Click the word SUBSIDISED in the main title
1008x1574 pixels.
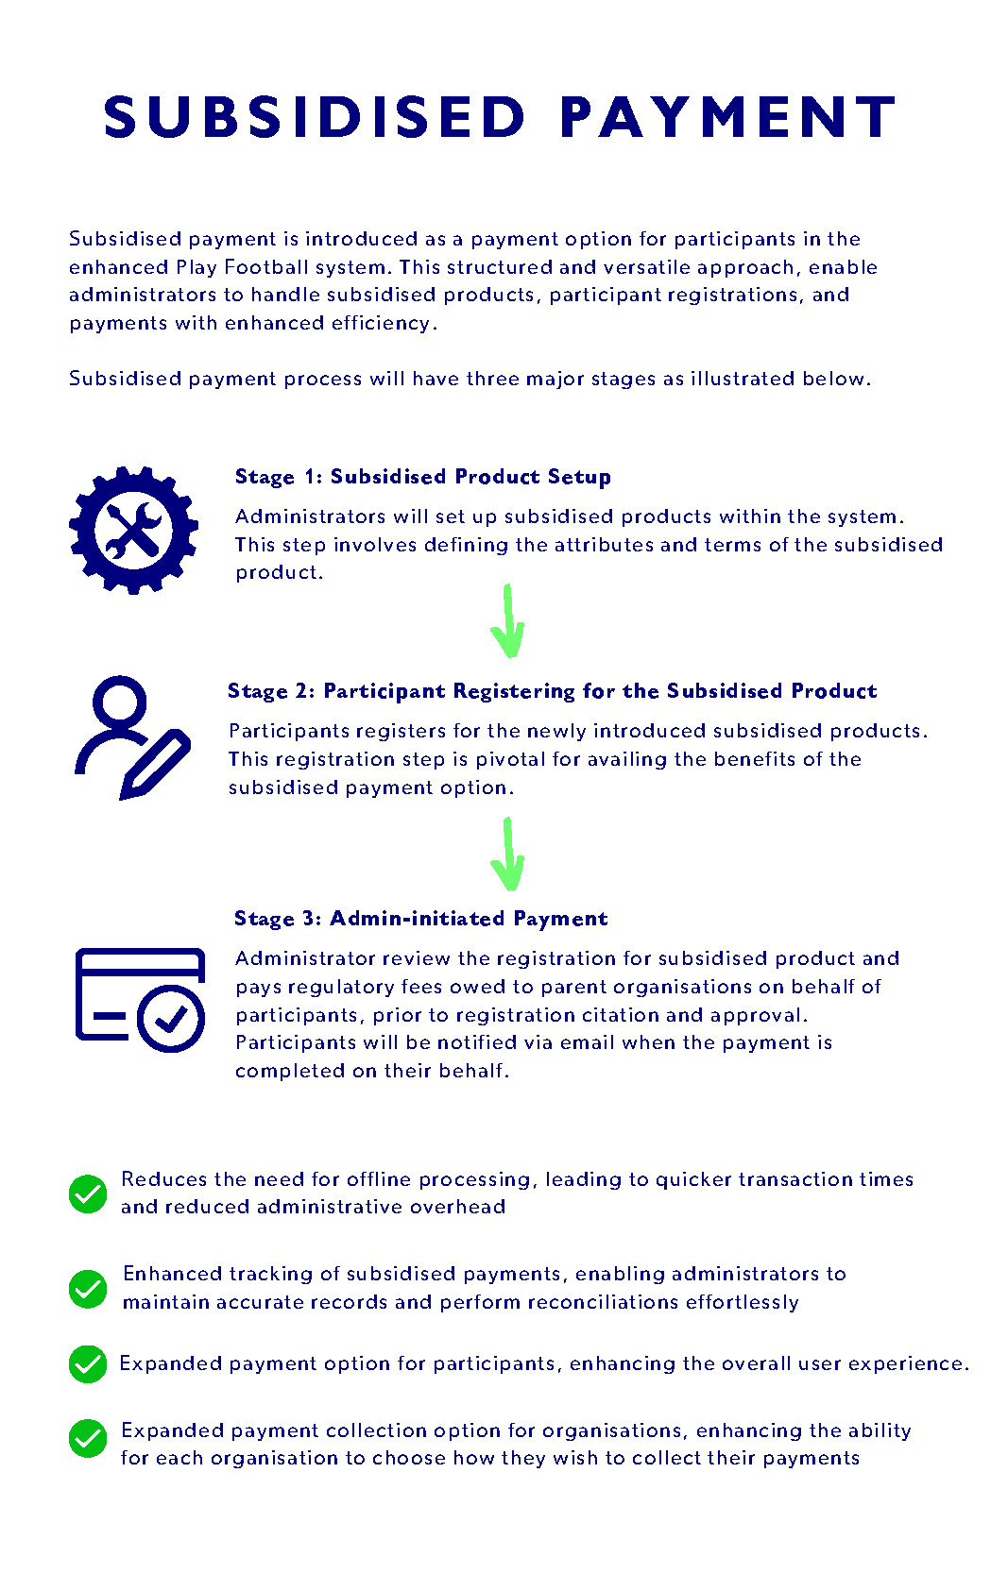pos(314,117)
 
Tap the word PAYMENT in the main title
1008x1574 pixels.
pos(727,117)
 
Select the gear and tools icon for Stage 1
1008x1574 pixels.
pos(133,530)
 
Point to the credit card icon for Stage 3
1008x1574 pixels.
pos(139,999)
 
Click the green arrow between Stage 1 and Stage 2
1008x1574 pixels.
pos(508,621)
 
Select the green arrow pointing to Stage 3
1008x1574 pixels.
pos(508,855)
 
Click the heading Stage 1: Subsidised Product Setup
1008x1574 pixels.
pos(422,477)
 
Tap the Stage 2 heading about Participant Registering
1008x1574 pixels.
pos(552,691)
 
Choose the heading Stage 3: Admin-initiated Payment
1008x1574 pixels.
pos(420,919)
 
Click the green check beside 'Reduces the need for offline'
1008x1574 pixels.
pos(88,1193)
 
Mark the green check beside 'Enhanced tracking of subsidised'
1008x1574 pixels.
pos(88,1289)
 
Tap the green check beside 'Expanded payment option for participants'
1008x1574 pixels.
pos(88,1363)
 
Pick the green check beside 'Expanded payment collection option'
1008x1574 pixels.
pos(88,1439)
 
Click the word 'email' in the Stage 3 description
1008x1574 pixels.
pos(588,1042)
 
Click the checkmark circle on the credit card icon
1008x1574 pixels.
pos(171,1019)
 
